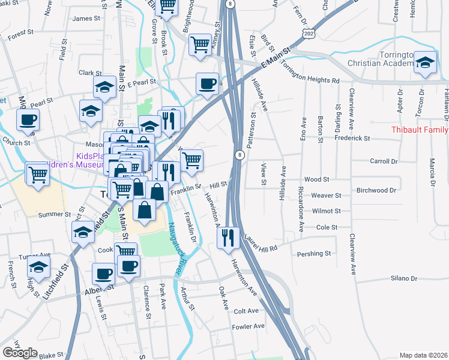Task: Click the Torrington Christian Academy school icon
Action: click(424, 63)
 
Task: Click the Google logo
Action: click(20, 353)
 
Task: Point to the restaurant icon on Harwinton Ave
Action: click(229, 238)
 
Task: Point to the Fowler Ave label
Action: click(249, 326)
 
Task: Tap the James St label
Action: click(86, 19)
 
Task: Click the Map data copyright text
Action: click(424, 355)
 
